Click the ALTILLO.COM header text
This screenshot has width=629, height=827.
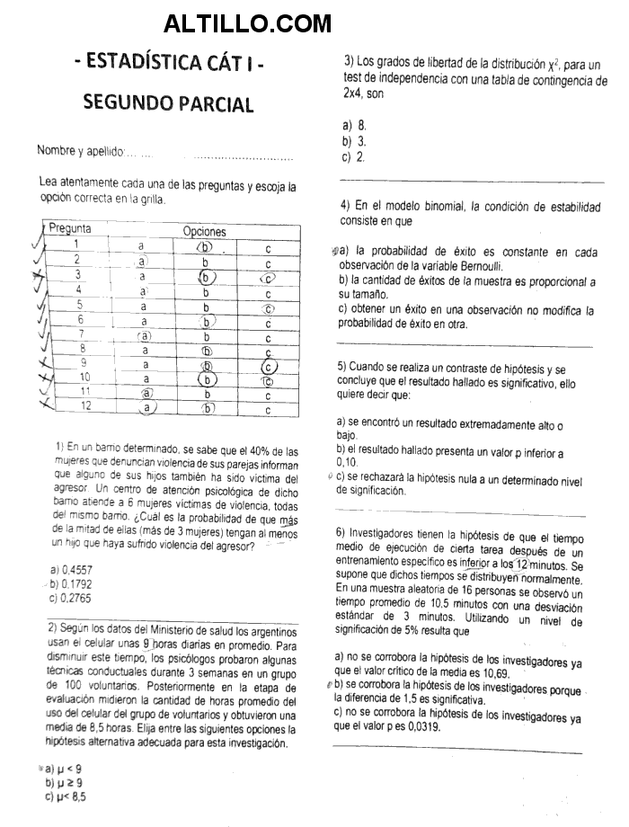tap(247, 22)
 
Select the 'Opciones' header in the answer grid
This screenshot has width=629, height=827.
tap(204, 231)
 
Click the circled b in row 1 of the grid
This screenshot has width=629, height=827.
tap(206, 246)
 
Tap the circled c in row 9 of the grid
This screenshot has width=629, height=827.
tap(268, 365)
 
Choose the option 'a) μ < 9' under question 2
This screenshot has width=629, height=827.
tap(63, 769)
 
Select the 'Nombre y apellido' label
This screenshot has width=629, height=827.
tap(79, 150)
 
